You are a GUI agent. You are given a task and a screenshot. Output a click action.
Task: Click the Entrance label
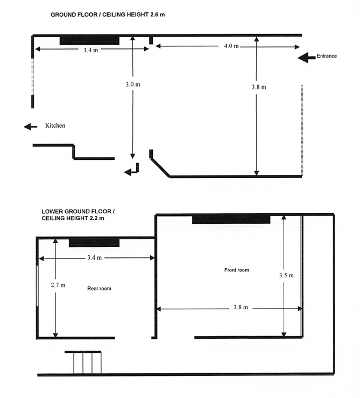click(327, 56)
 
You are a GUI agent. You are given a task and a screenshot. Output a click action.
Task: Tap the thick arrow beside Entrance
click(307, 58)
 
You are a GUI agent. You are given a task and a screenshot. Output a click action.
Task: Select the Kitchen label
click(55, 125)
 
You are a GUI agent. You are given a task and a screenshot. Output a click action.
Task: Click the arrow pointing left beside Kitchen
click(31, 127)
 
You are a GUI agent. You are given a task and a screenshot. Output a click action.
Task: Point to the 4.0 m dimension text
click(231, 46)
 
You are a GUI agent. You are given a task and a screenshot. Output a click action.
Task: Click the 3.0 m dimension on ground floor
click(133, 84)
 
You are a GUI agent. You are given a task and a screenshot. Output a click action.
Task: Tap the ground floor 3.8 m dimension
click(259, 87)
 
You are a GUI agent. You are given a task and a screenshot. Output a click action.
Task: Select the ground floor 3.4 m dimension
click(91, 50)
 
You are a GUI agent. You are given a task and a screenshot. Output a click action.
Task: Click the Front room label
click(237, 270)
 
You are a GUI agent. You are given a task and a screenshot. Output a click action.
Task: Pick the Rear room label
click(99, 288)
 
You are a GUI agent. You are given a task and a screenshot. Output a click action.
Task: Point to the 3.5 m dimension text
click(286, 275)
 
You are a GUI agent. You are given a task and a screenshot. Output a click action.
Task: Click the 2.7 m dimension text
click(58, 285)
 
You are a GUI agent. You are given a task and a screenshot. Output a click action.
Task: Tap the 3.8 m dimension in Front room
click(241, 307)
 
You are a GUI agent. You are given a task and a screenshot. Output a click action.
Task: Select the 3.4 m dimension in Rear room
click(94, 257)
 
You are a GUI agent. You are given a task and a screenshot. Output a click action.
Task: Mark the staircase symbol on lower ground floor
click(83, 362)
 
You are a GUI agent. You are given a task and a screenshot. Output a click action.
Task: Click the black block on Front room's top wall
click(231, 219)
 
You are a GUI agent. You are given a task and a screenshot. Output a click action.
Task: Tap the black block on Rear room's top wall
click(94, 242)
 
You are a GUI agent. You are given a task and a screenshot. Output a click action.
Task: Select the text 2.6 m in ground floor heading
click(158, 15)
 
